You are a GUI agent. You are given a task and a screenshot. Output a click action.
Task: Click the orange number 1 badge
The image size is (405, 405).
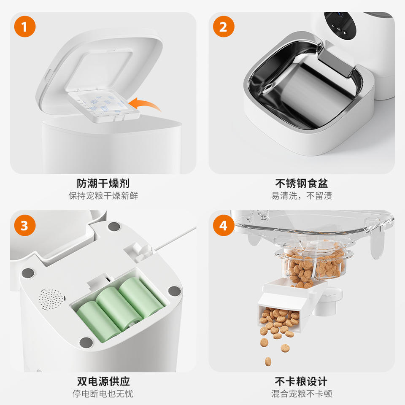pos(25,26)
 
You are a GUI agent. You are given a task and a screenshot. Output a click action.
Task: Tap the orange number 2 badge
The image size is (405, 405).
pos(224,26)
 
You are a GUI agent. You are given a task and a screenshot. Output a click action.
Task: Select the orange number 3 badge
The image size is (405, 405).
pos(25,225)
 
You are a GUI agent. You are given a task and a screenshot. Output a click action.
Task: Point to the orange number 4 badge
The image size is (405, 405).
pos(224,225)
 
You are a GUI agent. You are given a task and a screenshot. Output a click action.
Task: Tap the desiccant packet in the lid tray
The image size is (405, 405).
pos(103,103)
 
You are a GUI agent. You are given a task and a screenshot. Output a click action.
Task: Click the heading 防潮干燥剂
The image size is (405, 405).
pos(103,183)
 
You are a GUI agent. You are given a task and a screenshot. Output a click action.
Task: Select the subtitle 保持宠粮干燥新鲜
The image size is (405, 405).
pos(103,195)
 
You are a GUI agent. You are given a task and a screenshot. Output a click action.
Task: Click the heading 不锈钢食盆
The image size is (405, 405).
pos(302,183)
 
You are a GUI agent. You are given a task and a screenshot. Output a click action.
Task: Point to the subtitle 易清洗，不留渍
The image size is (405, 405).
pos(302,195)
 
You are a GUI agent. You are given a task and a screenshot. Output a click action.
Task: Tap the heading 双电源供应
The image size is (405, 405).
pos(103,381)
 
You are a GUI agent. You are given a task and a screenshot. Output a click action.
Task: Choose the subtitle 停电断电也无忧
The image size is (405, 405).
pos(103,394)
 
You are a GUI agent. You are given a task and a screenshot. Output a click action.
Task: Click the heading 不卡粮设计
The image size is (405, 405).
pos(301,381)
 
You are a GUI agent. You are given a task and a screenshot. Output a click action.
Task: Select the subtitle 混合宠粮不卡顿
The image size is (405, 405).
pos(302,394)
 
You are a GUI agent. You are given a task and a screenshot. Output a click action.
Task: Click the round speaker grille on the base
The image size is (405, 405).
pos(51,299)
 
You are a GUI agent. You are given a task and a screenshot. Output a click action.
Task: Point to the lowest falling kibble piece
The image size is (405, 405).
pos(268,362)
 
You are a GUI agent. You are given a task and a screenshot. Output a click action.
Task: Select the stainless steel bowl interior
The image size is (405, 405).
pos(305,85)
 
